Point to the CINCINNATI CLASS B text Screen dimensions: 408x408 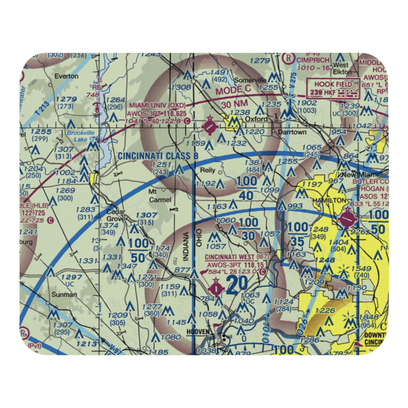(158, 155)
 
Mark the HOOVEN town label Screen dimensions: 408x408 (198, 332)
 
